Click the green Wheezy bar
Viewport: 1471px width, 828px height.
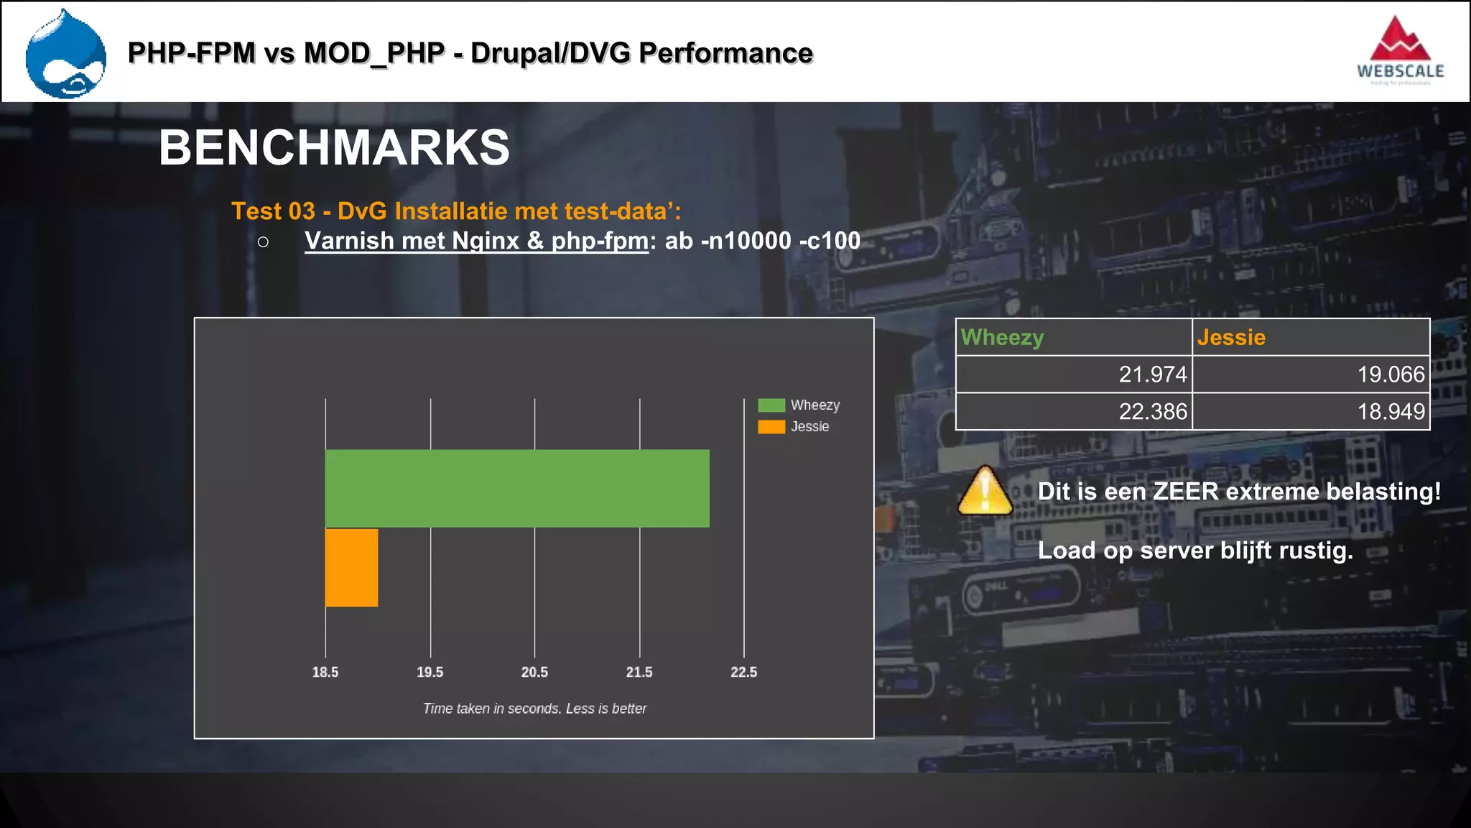click(x=517, y=488)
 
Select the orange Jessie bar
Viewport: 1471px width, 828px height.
click(x=351, y=567)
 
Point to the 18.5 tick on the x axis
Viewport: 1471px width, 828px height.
click(x=325, y=672)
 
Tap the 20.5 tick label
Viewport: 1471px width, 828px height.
click(x=534, y=672)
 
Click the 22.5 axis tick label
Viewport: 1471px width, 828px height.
click(x=744, y=672)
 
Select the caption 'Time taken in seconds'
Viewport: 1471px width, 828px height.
click(x=534, y=709)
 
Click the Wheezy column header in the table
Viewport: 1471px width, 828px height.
click(x=1003, y=337)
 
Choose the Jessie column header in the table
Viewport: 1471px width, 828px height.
click(x=1231, y=337)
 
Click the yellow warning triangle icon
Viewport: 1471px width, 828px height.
click(x=985, y=492)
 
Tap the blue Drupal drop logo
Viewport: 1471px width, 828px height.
click(x=66, y=55)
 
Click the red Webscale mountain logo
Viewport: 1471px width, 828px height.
click(x=1400, y=41)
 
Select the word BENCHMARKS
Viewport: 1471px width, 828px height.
click(x=334, y=148)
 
